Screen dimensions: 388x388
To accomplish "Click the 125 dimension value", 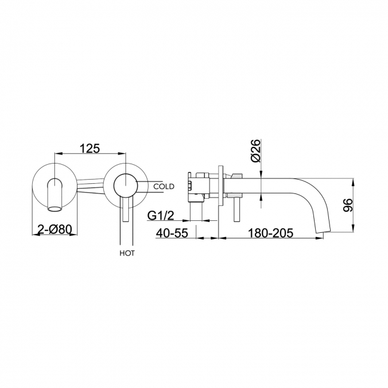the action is pyautogui.click(x=90, y=149).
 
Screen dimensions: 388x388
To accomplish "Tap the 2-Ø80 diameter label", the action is pyautogui.click(x=55, y=229).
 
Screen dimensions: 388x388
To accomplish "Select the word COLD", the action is pyautogui.click(x=164, y=187).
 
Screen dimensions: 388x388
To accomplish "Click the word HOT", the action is pyautogui.click(x=127, y=253).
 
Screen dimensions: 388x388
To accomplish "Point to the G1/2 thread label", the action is pyautogui.click(x=161, y=215).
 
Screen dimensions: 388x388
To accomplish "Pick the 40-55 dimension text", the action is pyautogui.click(x=173, y=233).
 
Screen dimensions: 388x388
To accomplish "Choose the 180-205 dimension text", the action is pyautogui.click(x=270, y=233).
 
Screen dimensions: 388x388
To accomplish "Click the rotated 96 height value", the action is pyautogui.click(x=348, y=205).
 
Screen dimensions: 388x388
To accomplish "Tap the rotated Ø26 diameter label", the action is pyautogui.click(x=256, y=150).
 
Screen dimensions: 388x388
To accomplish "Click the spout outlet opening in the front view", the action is pyautogui.click(x=54, y=203).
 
